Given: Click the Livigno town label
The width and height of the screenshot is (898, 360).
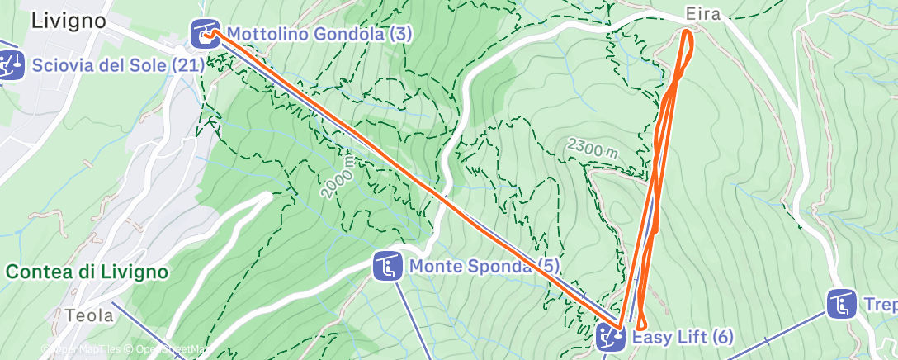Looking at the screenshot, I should [69, 21].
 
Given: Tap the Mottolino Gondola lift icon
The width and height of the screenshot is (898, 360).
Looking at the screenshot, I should [205, 34].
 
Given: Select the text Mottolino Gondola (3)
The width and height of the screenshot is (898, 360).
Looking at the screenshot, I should [319, 34].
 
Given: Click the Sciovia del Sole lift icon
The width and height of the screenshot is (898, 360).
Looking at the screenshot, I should [11, 64].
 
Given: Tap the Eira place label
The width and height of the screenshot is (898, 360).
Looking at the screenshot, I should [702, 14].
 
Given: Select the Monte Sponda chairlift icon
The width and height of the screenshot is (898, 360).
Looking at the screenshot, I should [386, 266].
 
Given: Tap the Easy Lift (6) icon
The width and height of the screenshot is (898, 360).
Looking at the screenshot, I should [611, 337].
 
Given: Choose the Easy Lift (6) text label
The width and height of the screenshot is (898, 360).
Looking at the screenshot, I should [683, 337].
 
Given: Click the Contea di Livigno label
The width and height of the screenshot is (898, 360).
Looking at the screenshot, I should [87, 272].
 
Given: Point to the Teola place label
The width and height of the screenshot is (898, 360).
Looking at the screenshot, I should [83, 315].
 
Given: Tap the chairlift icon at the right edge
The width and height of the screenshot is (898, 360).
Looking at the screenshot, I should [841, 304].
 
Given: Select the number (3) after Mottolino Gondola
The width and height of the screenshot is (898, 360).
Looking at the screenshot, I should [402, 34].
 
